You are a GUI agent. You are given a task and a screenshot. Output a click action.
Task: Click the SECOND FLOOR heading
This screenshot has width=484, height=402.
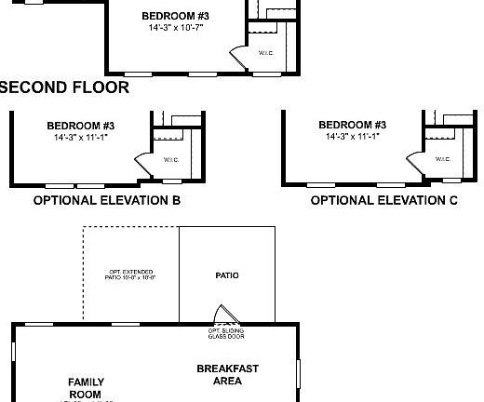[x=63, y=87]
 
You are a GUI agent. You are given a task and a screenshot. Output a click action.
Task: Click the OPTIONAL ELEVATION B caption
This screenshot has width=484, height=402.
[x=106, y=200]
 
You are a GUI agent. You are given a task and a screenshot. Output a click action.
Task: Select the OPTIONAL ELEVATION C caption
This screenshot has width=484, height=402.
[x=383, y=200]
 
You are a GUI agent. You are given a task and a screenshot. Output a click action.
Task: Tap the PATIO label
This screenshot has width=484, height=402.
[x=227, y=275]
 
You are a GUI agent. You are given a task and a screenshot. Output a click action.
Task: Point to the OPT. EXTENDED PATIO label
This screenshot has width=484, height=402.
[x=131, y=275]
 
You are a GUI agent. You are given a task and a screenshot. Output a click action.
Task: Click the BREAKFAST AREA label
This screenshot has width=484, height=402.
[x=227, y=374]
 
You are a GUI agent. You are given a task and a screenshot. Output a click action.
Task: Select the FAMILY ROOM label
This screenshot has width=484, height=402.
[x=86, y=388]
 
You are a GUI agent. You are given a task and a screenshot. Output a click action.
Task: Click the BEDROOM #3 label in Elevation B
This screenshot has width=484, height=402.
[x=80, y=126]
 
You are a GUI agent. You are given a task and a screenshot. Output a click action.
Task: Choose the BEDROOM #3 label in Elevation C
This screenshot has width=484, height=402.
[x=352, y=126]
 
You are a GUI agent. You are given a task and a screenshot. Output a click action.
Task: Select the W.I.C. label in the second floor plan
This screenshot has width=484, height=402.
[x=266, y=53]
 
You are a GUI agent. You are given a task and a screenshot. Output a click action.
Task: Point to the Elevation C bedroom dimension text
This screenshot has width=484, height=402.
[x=352, y=138]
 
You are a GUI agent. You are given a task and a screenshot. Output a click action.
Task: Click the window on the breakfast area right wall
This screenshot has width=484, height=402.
[x=299, y=372]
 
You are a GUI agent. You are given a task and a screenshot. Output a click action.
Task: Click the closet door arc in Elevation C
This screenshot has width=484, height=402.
[x=417, y=160]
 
